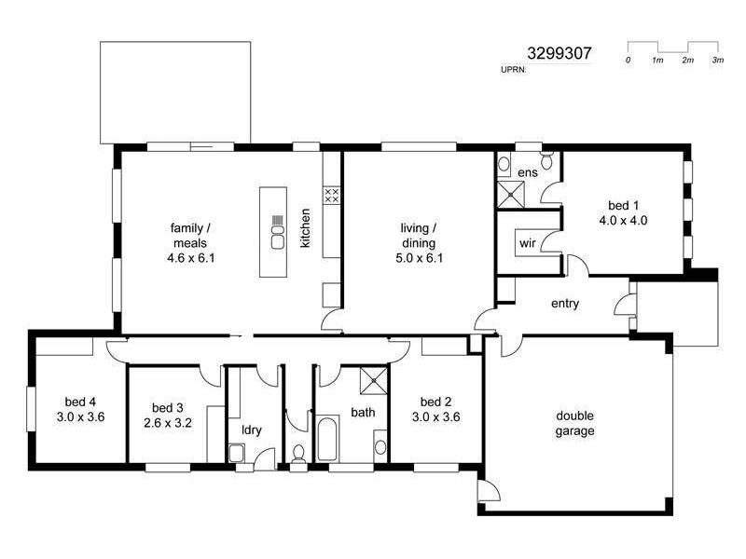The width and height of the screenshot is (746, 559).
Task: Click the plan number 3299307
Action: (559, 54)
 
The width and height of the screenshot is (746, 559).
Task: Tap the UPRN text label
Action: (515, 70)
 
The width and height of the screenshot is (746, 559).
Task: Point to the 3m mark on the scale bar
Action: (718, 61)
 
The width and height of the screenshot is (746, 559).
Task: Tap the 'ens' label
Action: (528, 172)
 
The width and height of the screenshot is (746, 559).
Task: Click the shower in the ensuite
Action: (511, 195)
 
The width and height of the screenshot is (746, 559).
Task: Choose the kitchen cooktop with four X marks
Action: (331, 195)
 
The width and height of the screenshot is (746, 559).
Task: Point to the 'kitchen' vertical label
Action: (305, 227)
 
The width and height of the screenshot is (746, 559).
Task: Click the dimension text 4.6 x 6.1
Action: (192, 257)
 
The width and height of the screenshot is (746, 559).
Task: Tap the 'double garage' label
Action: (575, 423)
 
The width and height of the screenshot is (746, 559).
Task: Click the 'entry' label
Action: (565, 303)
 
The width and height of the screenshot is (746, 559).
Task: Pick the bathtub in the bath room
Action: (327, 440)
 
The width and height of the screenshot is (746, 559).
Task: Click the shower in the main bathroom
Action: (374, 378)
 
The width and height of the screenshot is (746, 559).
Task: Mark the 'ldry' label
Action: (251, 429)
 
